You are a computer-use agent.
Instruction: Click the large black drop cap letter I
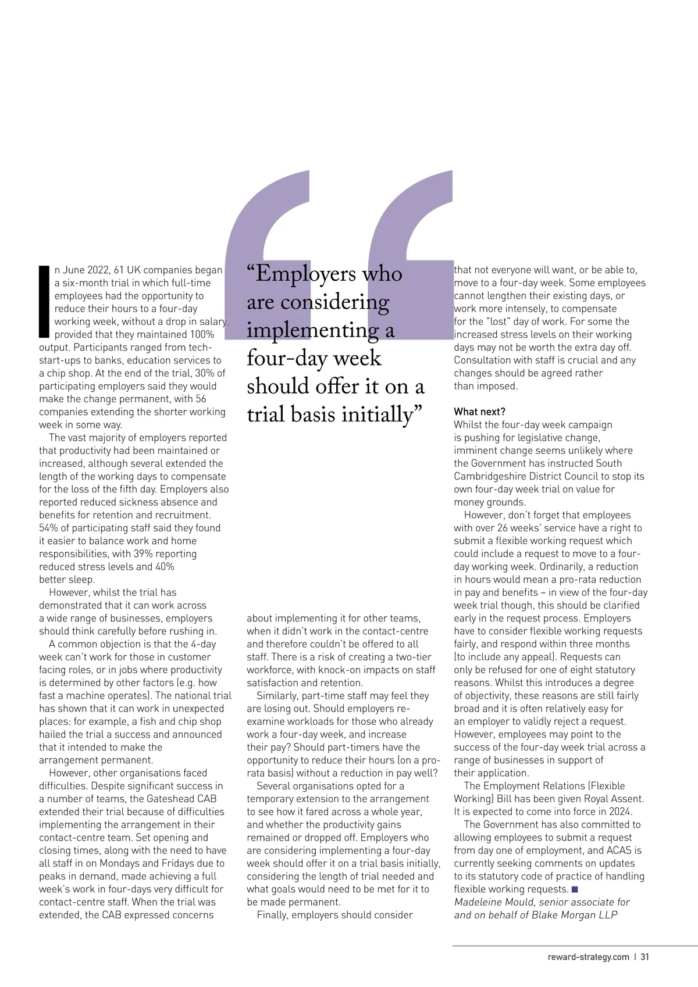pos(44,302)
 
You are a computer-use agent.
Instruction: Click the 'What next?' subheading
pos(479,412)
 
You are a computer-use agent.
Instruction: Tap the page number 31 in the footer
pos(644,957)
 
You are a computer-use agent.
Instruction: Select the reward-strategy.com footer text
pos(588,957)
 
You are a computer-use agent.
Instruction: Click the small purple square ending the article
pos(575,889)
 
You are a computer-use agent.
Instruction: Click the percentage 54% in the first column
pos(49,528)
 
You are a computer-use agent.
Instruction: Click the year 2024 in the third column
pos(621,811)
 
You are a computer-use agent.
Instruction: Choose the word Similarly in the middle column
pos(277,696)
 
